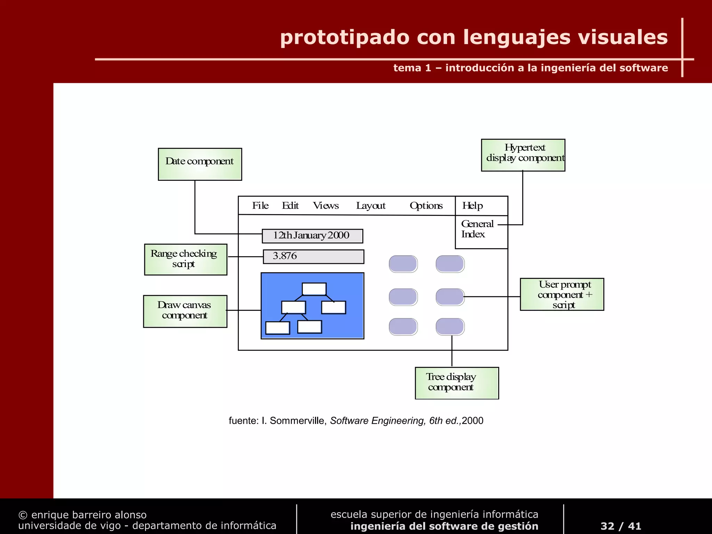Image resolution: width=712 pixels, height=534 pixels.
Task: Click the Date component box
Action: coord(200,164)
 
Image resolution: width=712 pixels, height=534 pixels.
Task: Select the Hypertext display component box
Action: coord(523,155)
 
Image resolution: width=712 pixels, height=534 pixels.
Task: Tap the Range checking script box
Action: coord(186,259)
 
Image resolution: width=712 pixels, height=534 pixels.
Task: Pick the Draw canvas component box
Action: coord(185,311)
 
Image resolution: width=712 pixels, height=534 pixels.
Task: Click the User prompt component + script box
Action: coord(562,294)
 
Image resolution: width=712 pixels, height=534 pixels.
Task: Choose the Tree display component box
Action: coord(457,383)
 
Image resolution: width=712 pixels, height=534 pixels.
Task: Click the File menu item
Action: coord(260,205)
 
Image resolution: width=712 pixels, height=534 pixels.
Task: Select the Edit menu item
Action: coord(290,205)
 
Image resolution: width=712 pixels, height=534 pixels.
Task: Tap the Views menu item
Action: coord(326,205)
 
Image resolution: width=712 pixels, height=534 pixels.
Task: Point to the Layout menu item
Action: coord(371,206)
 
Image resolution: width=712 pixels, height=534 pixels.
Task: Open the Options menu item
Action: coord(426,205)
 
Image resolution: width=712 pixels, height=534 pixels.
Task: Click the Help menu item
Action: coord(472,205)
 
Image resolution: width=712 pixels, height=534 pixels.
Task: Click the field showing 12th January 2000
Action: coord(312,236)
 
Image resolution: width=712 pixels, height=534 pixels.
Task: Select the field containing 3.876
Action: coord(313,257)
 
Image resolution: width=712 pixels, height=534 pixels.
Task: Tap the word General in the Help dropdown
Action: coord(477,224)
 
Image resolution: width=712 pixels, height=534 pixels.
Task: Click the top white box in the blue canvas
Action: coord(314,289)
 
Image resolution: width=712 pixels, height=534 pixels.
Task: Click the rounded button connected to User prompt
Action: coord(450,297)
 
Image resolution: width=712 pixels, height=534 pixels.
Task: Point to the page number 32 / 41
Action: coord(621,526)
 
